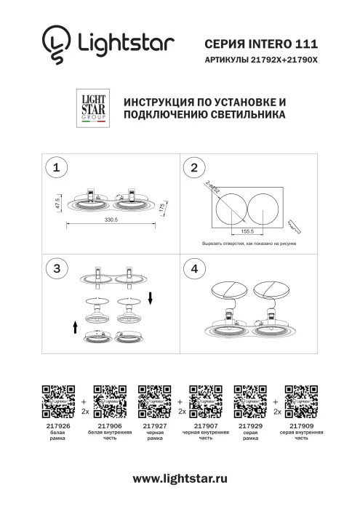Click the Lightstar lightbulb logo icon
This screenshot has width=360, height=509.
click(56, 43)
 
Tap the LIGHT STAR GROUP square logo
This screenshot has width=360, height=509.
click(92, 106)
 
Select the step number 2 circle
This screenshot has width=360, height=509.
click(193, 168)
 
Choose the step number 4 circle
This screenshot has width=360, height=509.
click(193, 268)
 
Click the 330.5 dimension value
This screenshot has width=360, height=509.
click(112, 219)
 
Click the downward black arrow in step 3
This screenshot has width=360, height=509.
click(149, 298)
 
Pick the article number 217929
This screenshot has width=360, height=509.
click(250, 426)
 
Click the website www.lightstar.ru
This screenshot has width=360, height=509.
click(180, 478)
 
